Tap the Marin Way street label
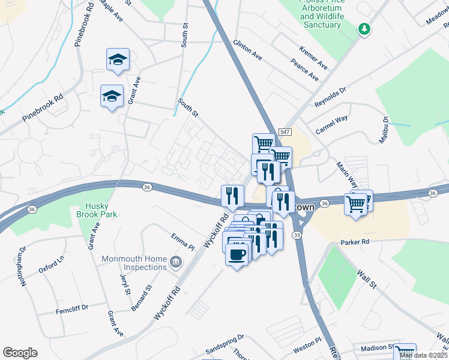347,173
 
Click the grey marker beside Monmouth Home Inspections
175,261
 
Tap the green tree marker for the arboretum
364,29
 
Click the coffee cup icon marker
237,254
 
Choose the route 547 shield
285,131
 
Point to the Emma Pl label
183,242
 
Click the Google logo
20,353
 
